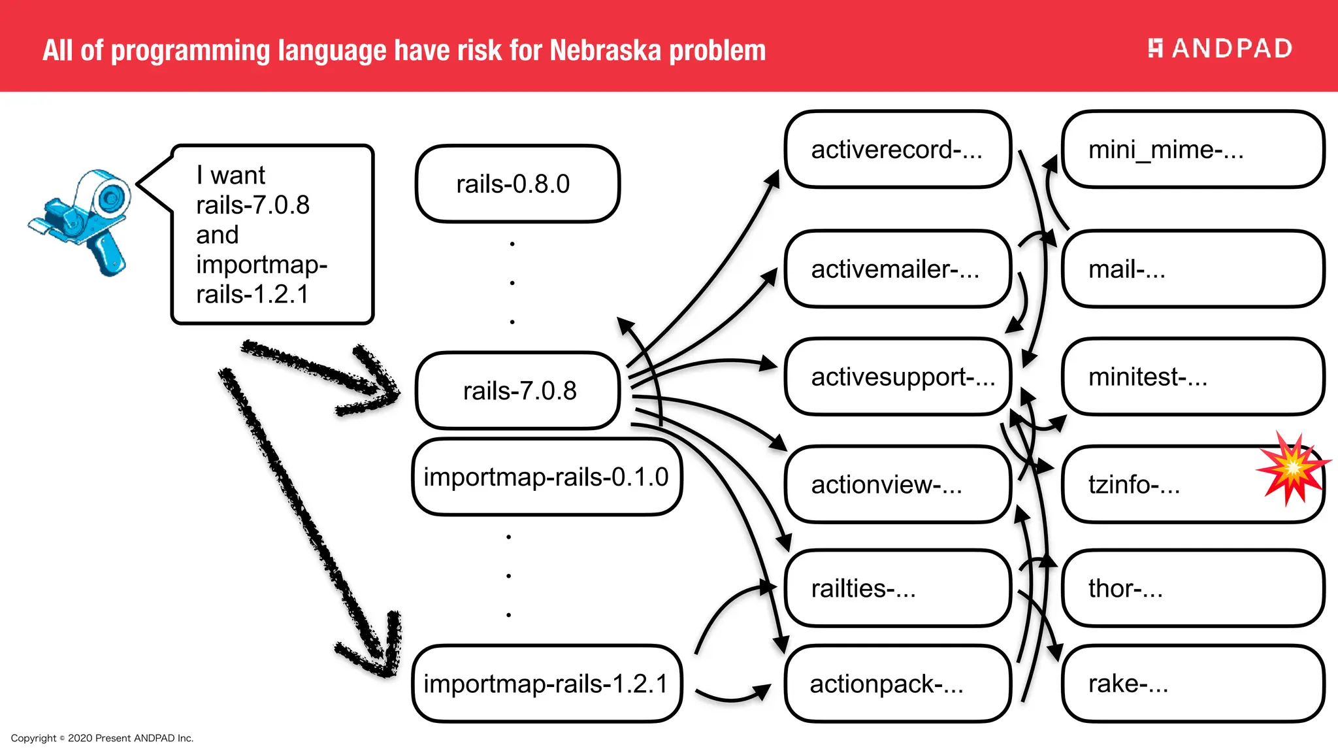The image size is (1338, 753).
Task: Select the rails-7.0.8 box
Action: coord(518,391)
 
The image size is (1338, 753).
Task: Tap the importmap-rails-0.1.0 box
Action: coord(546,477)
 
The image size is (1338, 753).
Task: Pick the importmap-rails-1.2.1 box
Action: coord(546,684)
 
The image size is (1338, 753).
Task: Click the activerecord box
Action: coord(898,150)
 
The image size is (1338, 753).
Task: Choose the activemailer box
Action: coord(898,269)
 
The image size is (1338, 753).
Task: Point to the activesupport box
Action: coord(898,377)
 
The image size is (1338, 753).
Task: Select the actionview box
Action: coord(898,484)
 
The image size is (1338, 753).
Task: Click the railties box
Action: coord(898,588)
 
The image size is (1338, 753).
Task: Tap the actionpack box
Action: coord(898,684)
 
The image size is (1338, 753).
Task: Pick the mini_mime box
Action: coord(1192,150)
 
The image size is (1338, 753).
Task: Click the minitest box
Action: coord(1192,377)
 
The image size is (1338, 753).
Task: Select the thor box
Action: coord(1192,588)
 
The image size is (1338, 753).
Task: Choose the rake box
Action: coord(1192,684)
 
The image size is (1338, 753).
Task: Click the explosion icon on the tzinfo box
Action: coord(1292,468)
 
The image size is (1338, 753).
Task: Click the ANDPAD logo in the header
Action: coord(1220,48)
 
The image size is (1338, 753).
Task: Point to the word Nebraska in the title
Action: coord(604,51)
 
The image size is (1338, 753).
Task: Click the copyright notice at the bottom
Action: coord(103,738)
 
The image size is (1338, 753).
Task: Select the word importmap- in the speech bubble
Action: coord(261,265)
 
